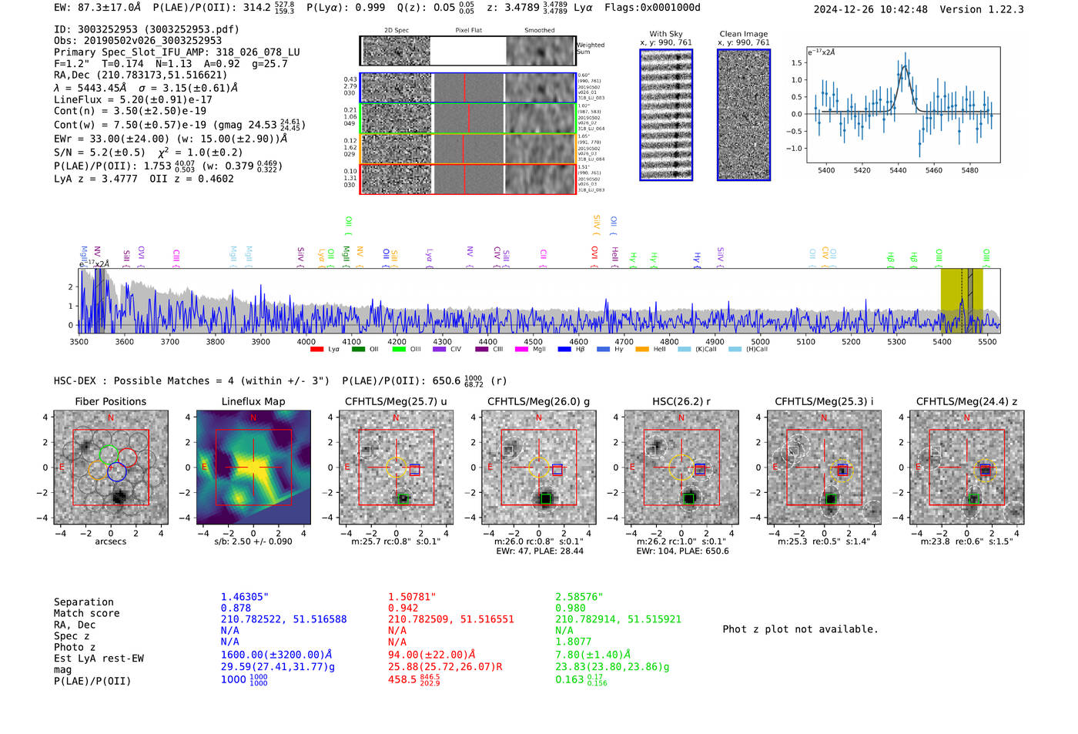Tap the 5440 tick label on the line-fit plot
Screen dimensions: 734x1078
coord(898,170)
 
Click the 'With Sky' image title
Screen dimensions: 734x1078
coord(666,34)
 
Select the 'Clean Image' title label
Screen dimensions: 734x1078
coord(744,34)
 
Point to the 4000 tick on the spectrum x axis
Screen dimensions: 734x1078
coord(306,342)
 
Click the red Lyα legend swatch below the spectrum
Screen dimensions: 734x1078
coord(316,350)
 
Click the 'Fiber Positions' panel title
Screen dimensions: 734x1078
coord(110,401)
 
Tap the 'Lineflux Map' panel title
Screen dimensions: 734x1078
coord(253,401)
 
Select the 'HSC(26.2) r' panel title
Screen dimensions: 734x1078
coord(681,401)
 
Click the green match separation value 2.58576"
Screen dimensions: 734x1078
coord(579,597)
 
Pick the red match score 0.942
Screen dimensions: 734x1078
coord(403,608)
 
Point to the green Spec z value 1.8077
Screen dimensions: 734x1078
coord(574,641)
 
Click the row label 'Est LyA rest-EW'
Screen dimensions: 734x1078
coord(99,659)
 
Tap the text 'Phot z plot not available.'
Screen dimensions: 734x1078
coord(800,629)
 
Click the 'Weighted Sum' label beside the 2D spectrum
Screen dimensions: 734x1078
coord(591,49)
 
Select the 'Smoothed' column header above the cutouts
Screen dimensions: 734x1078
coord(539,31)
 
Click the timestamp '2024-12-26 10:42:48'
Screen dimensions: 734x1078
coord(870,9)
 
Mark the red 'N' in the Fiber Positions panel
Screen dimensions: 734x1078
coord(111,417)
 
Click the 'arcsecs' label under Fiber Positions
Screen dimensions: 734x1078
coord(110,541)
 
